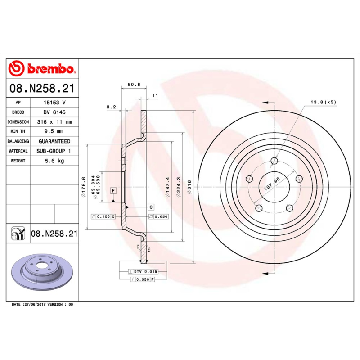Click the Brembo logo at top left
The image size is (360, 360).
(x=41, y=68)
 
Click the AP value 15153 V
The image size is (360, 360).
(x=54, y=103)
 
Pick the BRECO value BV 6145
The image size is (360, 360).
(x=54, y=112)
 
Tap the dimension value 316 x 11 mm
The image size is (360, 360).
(x=54, y=122)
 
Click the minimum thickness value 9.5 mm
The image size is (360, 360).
(x=54, y=131)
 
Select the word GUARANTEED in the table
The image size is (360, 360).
(x=54, y=141)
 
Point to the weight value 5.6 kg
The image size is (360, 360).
(x=54, y=161)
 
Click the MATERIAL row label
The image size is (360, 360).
(x=18, y=151)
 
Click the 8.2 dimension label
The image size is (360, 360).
(x=111, y=107)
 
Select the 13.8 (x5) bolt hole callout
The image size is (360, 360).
(x=323, y=102)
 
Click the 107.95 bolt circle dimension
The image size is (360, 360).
(x=271, y=184)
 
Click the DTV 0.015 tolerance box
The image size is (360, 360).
(x=143, y=271)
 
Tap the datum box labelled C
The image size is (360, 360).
(x=151, y=207)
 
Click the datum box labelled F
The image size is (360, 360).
(x=113, y=190)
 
